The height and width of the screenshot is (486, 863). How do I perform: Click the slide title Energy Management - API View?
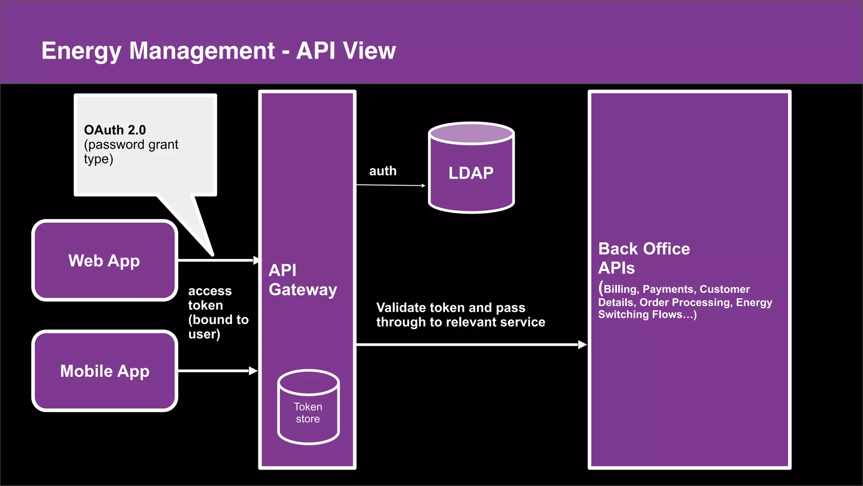pos(218,51)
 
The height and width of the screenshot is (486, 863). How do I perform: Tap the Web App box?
pos(105,261)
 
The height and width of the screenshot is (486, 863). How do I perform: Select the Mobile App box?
pos(105,371)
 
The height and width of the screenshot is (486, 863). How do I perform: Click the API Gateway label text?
pos(303,280)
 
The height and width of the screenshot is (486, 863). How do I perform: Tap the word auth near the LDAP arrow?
pos(383,171)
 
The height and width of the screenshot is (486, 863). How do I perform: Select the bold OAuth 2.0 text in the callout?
pos(115,130)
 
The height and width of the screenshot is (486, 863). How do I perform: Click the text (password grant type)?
pos(131,152)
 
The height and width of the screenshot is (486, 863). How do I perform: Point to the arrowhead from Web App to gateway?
pos(257,260)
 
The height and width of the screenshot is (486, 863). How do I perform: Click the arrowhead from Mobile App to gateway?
pos(253,371)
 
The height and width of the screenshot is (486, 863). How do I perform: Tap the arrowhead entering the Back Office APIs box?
pos(582,345)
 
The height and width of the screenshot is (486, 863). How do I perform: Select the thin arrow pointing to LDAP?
pos(390,185)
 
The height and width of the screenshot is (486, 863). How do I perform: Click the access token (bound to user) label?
pos(217,312)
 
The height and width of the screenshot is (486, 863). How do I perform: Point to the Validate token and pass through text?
pos(460,315)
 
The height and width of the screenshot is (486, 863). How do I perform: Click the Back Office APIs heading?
pos(643,258)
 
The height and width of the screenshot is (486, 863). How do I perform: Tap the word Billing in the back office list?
pos(621,289)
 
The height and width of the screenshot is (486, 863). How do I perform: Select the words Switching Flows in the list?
pos(639,315)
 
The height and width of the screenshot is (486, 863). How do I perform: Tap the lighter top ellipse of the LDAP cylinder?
pos(471,134)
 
